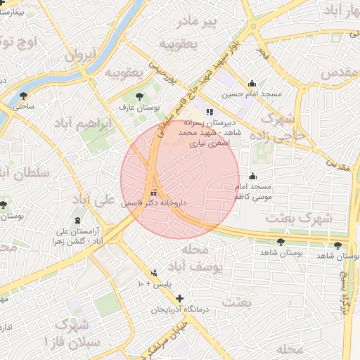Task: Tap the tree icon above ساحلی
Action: coord(25,96)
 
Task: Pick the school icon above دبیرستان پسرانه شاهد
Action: coord(208,112)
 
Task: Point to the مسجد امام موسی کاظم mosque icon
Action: coord(252,176)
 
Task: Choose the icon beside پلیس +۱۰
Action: coord(155,273)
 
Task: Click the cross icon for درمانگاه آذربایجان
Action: coord(179,298)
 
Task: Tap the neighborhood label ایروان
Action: coord(79,56)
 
